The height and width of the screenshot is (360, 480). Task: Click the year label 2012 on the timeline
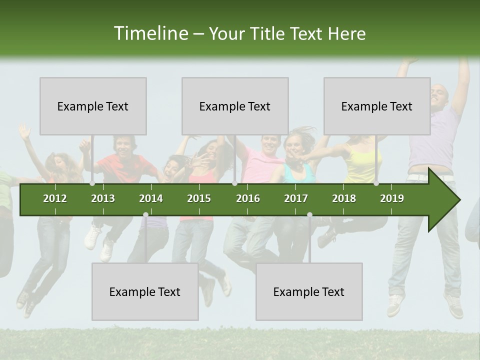pos(55,198)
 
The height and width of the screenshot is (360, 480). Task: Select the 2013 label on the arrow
pos(103,198)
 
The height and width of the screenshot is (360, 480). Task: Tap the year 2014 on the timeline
pos(151,198)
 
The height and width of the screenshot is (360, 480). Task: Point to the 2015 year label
pos(199,198)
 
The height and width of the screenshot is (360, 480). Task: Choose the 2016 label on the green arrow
pos(248,198)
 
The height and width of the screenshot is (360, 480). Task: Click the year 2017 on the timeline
pos(296,198)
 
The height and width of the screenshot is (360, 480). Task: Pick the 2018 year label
pos(344,198)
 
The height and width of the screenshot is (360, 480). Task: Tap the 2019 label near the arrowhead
pos(392,198)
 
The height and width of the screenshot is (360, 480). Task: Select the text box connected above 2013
pos(93,106)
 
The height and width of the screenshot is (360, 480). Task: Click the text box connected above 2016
pos(235,106)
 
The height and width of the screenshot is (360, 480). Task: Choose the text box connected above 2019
pos(377,106)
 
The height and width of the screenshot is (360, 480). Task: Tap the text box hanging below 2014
pos(145,291)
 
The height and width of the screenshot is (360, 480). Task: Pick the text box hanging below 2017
pos(309,291)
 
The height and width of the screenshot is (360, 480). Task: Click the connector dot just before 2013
pos(92,183)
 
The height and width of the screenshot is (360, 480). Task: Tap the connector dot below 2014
pos(145,214)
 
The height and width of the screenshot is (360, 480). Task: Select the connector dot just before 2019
pos(376,183)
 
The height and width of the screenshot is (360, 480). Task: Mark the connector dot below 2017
pos(309,214)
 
